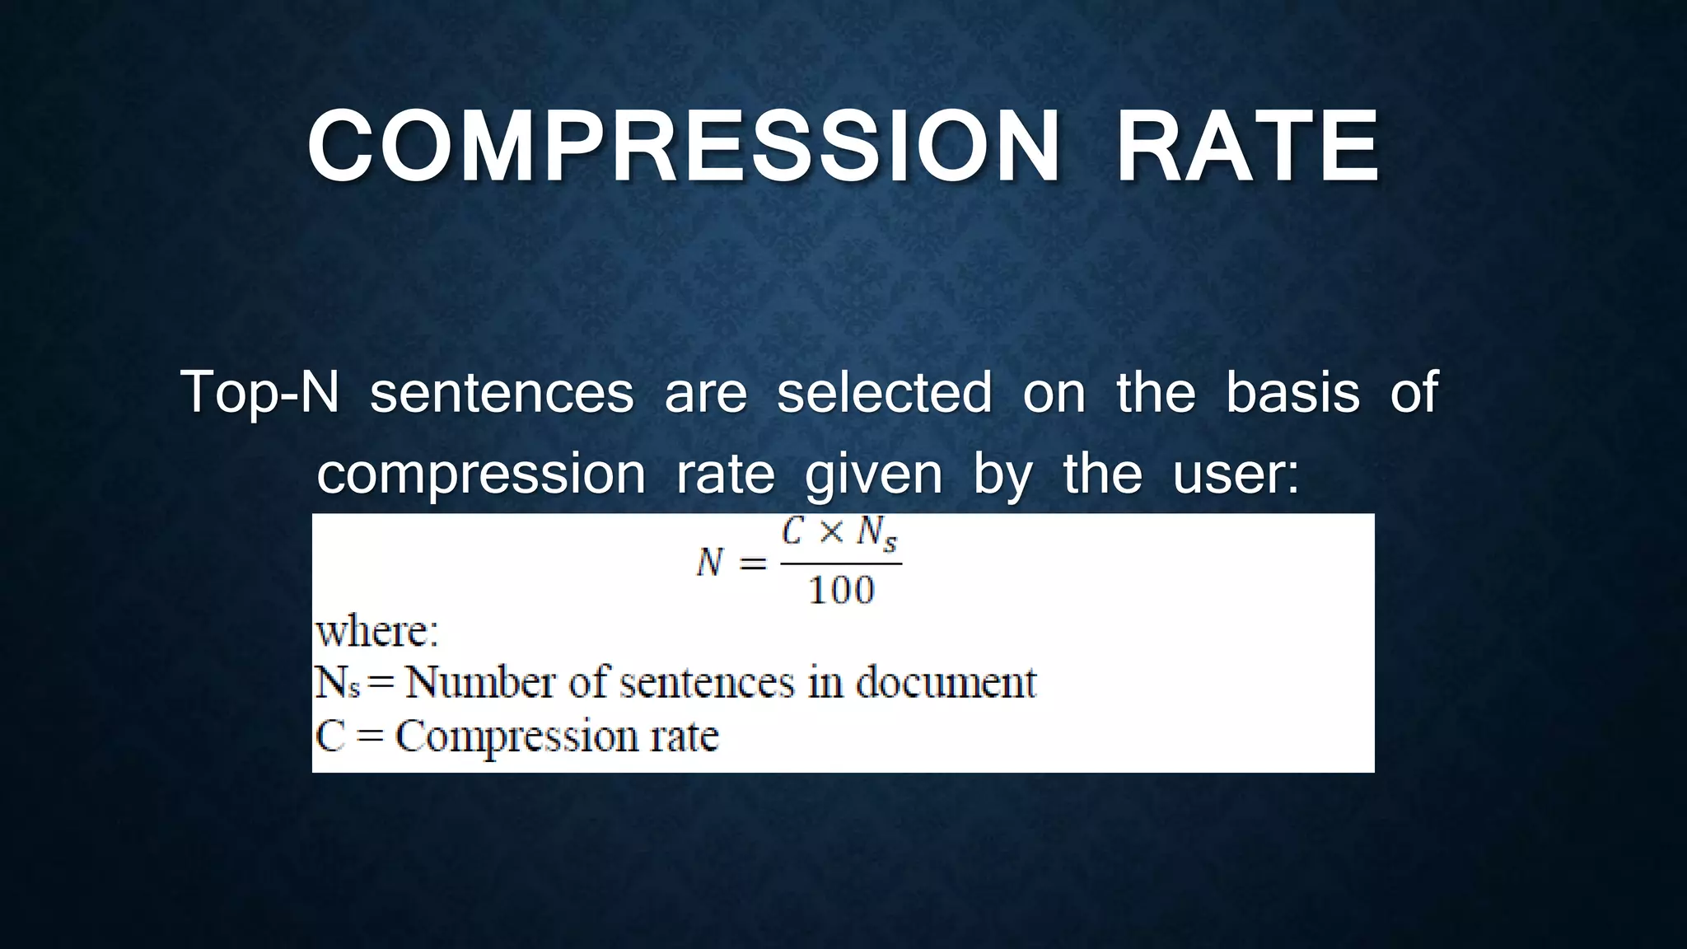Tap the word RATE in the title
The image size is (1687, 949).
[x=1247, y=147]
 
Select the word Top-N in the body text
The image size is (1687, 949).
[x=260, y=392]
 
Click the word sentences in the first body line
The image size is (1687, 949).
[x=502, y=392]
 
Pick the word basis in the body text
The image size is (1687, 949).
[x=1292, y=392]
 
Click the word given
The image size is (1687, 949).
[x=873, y=475]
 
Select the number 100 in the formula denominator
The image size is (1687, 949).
[x=841, y=591]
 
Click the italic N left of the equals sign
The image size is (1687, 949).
[x=709, y=563]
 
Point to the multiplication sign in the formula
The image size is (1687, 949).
[x=831, y=534]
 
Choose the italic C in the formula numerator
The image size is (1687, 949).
[x=792, y=533]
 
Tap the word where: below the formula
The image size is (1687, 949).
[x=377, y=632]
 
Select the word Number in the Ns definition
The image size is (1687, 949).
[x=480, y=683]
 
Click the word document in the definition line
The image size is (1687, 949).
[x=946, y=683]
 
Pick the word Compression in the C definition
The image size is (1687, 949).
[x=516, y=736]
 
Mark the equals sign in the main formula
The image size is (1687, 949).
[x=751, y=564]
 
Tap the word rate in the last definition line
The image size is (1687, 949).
[x=685, y=736]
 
